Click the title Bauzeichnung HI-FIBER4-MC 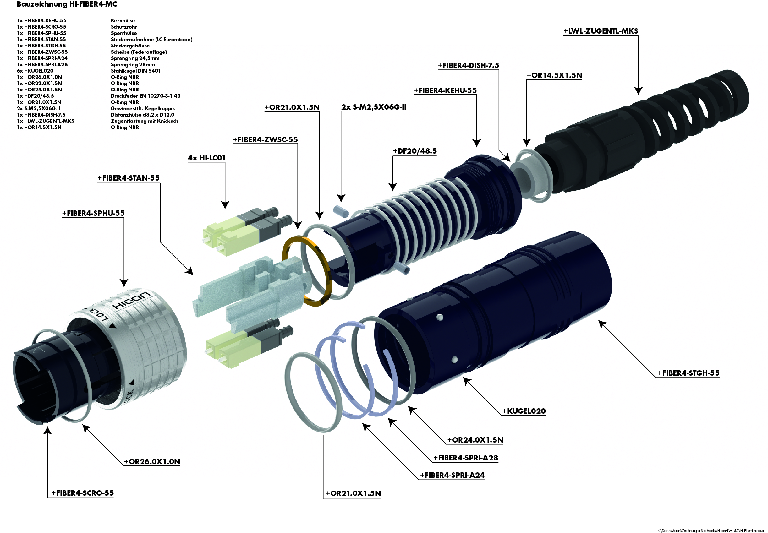[67, 4]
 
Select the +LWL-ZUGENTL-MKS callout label [600, 31]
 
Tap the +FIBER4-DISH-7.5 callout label [468, 65]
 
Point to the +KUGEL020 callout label [524, 411]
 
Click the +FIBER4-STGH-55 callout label [688, 373]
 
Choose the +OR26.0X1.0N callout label [152, 461]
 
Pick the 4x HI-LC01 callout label [206, 158]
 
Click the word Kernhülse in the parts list [123, 21]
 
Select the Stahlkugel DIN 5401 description [135, 71]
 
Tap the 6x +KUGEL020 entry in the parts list [35, 71]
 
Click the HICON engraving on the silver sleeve [131, 300]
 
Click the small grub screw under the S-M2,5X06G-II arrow [341, 211]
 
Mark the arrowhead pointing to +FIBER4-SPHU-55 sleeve [124, 283]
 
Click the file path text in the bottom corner [710, 530]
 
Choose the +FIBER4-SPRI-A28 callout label [465, 458]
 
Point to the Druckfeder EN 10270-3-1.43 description [145, 96]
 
